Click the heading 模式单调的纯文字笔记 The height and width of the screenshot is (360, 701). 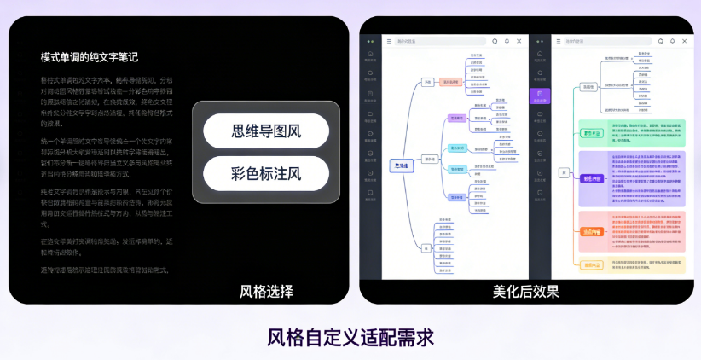coord(90,57)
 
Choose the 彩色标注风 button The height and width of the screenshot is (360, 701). coord(266,174)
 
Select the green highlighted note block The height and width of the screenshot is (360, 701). coord(632,132)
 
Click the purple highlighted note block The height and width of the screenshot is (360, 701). coord(632,178)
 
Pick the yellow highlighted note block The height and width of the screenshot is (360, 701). coord(632,265)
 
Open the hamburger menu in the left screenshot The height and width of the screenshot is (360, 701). coord(390,41)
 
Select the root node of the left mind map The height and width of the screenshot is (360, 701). coord(401,165)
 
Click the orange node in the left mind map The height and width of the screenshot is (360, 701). coord(451,82)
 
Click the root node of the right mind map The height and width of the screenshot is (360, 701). coord(564,172)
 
